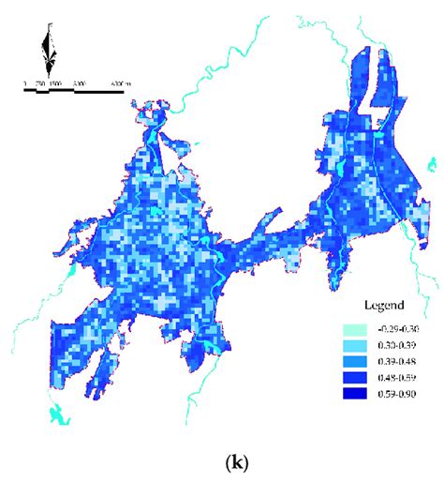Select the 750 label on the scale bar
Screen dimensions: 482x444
[x=40, y=84]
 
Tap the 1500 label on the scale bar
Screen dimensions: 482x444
[x=55, y=84]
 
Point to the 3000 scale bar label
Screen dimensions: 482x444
[x=79, y=84]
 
